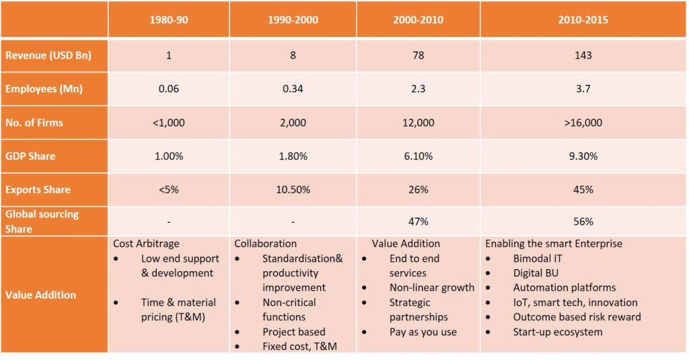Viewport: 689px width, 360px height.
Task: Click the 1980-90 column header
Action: (x=168, y=20)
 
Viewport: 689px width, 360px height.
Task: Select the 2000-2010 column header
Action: (x=418, y=20)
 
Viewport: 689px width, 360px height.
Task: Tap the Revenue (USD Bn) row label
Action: (x=48, y=56)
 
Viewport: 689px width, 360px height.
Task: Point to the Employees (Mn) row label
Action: (x=44, y=89)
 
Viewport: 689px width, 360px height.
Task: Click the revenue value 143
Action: (x=583, y=55)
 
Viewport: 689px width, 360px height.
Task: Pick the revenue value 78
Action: (x=418, y=55)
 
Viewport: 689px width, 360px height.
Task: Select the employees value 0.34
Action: (x=293, y=89)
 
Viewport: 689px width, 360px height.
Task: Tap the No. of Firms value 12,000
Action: (x=418, y=122)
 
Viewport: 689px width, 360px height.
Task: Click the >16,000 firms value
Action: (x=583, y=122)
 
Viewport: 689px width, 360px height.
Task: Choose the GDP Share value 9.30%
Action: (x=583, y=156)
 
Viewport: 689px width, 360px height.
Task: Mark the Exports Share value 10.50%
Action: (x=293, y=190)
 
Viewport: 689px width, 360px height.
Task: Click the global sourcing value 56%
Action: (x=583, y=221)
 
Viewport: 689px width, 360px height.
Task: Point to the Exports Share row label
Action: (x=38, y=190)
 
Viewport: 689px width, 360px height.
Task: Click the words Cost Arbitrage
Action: (x=147, y=244)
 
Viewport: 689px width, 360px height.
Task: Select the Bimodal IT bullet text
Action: (x=538, y=258)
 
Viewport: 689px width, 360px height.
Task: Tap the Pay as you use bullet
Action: (x=424, y=332)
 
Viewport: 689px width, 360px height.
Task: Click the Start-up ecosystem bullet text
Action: (x=558, y=332)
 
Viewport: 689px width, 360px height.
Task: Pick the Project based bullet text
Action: (x=294, y=332)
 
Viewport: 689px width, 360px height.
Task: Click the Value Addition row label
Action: (x=40, y=295)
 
